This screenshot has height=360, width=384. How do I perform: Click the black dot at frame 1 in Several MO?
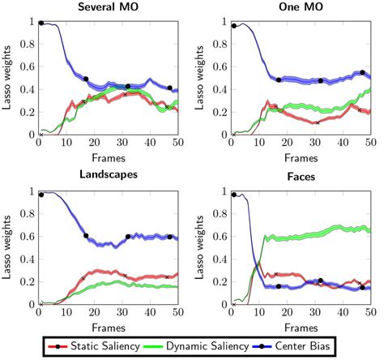tap(41, 23)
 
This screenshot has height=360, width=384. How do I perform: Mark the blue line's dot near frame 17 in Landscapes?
tap(86, 236)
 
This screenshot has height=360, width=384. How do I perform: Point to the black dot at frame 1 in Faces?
tap(234, 195)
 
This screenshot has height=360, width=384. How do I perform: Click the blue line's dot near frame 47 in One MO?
tap(362, 73)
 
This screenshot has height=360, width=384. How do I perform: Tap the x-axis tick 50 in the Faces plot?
tap(370, 313)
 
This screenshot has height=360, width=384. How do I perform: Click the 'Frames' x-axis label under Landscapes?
tap(108, 326)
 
